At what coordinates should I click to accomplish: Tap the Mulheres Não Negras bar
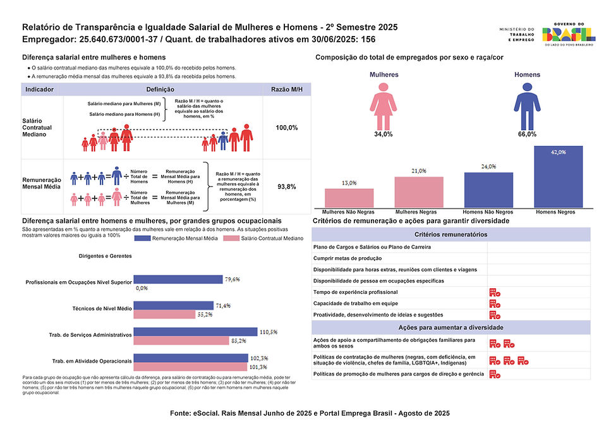tap(349, 198)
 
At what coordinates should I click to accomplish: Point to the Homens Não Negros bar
tap(488, 190)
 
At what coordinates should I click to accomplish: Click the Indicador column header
tap(39, 90)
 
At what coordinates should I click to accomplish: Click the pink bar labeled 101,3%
tap(191, 366)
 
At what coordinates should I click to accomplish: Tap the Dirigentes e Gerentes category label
tap(106, 256)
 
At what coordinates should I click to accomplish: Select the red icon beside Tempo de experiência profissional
tap(495, 293)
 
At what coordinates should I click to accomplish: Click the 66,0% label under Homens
tap(526, 134)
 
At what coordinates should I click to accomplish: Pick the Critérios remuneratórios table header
tap(450, 234)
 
